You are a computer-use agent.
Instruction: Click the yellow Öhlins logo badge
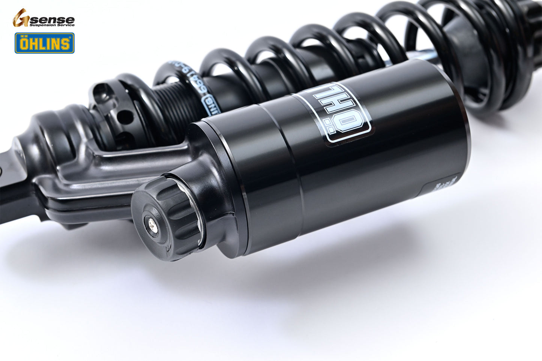(x=44, y=43)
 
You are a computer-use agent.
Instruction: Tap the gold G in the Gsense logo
(x=21, y=18)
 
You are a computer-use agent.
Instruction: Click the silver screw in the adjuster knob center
(x=152, y=224)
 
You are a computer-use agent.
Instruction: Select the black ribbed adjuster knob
(x=165, y=217)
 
